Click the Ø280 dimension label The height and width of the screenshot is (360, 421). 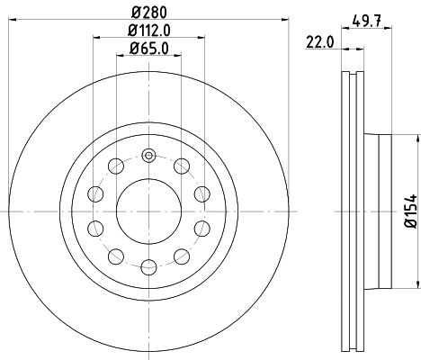(148, 12)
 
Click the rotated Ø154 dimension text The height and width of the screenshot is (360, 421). (409, 209)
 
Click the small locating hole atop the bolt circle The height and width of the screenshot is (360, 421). (148, 155)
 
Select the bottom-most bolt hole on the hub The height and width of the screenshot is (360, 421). (148, 266)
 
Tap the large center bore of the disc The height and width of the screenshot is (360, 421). (148, 211)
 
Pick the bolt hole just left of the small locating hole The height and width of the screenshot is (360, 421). (114, 166)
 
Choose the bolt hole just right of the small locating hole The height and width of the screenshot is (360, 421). (181, 166)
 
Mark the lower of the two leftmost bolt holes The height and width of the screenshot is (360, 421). (94, 228)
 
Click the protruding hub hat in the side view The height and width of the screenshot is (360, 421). (378, 211)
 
